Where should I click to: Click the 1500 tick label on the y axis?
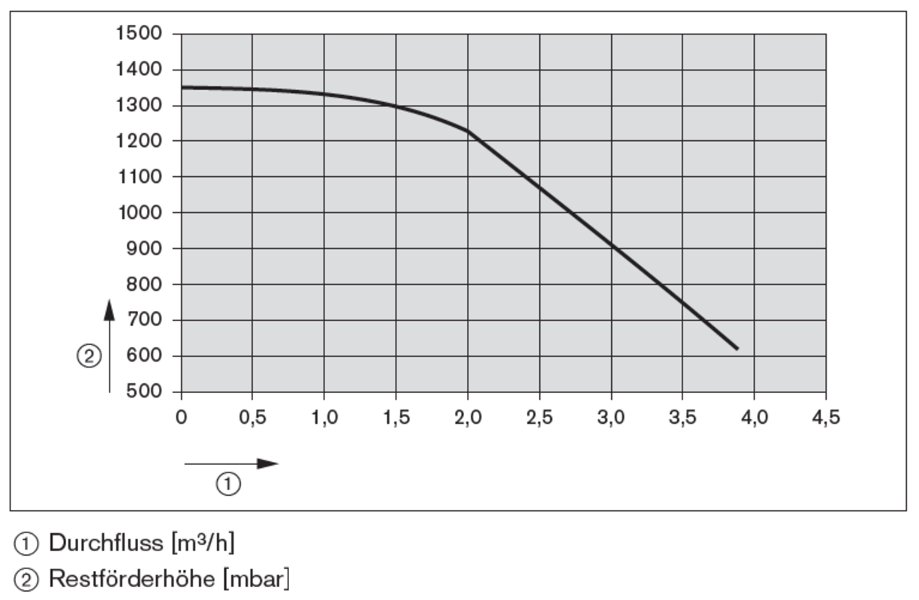140,34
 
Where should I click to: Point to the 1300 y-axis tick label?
140,106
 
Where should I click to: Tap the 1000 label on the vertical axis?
140,213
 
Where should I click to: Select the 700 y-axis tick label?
144,320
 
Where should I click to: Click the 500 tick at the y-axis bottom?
144,392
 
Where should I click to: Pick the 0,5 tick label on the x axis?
252,418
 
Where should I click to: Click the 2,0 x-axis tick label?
468,418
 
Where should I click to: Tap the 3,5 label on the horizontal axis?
682,418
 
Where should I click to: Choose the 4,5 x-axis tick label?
826,418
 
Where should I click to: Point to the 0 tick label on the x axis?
181,418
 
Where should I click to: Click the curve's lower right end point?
737,349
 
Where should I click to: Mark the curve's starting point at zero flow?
182,88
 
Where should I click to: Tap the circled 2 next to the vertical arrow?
89,357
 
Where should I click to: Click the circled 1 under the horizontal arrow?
229,484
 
